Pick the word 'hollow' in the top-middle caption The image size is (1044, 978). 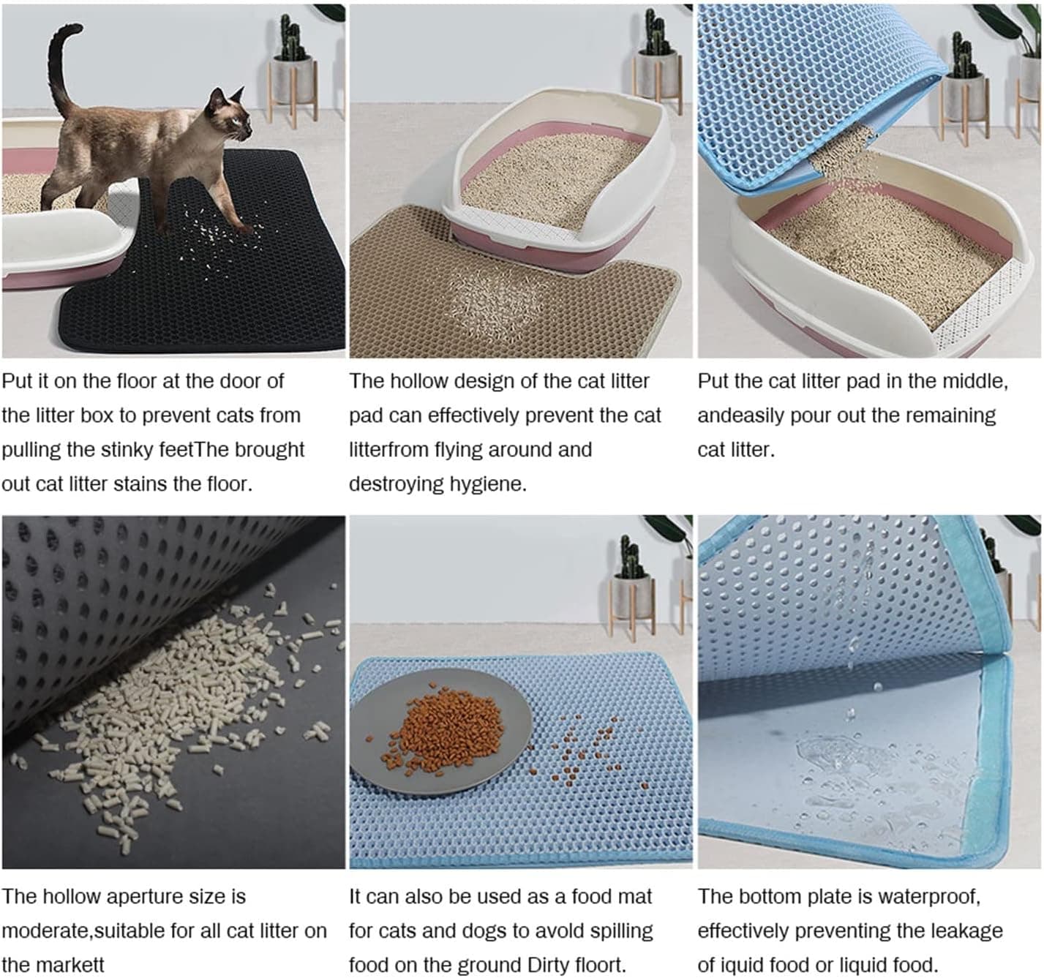click(x=418, y=381)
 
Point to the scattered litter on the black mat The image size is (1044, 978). click(x=216, y=234)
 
